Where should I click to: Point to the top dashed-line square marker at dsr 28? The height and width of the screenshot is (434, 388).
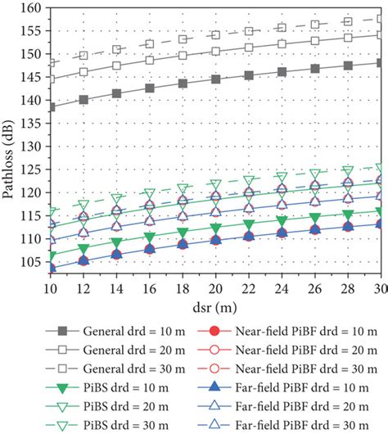(347, 21)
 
